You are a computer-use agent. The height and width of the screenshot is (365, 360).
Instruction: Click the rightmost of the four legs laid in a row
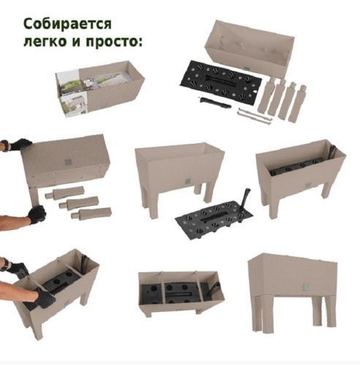(299, 103)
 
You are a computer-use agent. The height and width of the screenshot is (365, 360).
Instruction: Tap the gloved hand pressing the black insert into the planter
(44, 296)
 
